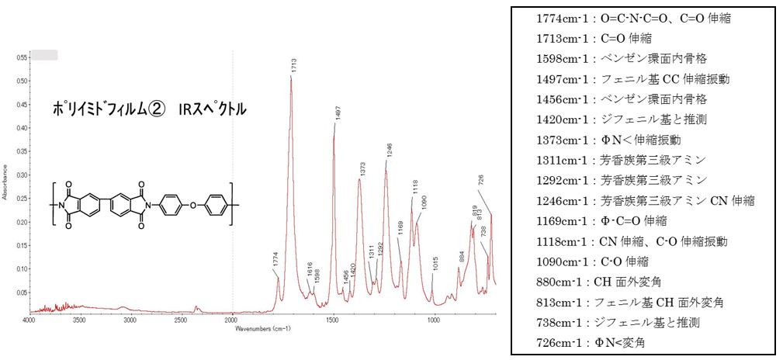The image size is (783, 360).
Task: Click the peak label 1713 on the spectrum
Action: pyautogui.click(x=294, y=65)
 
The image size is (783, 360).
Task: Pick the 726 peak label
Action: pyautogui.click(x=481, y=180)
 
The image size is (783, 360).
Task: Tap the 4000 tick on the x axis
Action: pyautogui.click(x=29, y=320)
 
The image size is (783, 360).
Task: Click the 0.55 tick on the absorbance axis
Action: pyautogui.click(x=21, y=57)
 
